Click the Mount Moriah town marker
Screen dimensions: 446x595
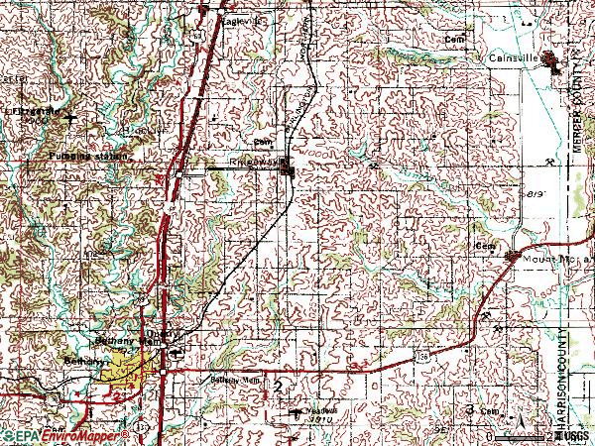pyautogui.click(x=513, y=258)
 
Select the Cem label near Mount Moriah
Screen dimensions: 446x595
pyautogui.click(x=485, y=245)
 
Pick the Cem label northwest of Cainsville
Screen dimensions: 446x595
pyautogui.click(x=455, y=39)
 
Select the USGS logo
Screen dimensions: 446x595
pyautogui.click(x=572, y=435)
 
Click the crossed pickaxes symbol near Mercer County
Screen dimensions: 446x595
pyautogui.click(x=548, y=163)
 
